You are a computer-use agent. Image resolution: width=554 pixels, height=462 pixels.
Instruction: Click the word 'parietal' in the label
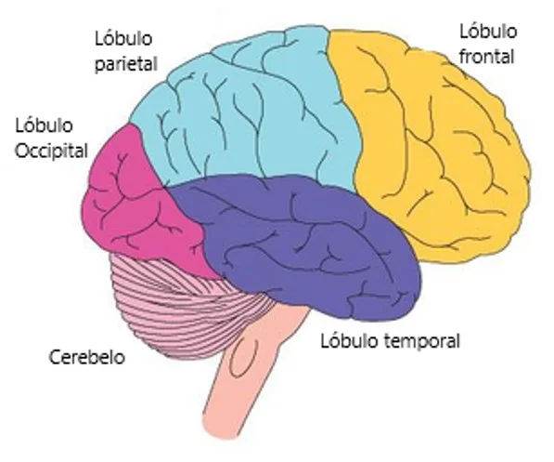126,64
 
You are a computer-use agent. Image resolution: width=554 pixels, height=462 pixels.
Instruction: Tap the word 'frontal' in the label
486,57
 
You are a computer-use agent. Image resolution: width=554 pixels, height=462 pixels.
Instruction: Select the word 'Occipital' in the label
51,152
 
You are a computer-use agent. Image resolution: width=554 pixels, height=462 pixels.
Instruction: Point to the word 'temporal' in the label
421,342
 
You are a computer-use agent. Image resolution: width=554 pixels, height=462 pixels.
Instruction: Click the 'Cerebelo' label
87,357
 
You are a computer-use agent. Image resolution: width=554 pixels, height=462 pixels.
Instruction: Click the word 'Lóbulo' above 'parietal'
123,38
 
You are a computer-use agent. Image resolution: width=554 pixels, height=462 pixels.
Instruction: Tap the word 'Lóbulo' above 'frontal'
488,32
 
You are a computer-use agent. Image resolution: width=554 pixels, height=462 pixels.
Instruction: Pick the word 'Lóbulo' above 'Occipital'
45,125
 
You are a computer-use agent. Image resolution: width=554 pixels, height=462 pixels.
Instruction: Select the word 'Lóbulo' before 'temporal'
349,341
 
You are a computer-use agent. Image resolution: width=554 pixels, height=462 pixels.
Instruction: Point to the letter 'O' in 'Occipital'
22,151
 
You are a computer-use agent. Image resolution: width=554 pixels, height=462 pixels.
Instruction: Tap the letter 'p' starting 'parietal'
99,66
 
